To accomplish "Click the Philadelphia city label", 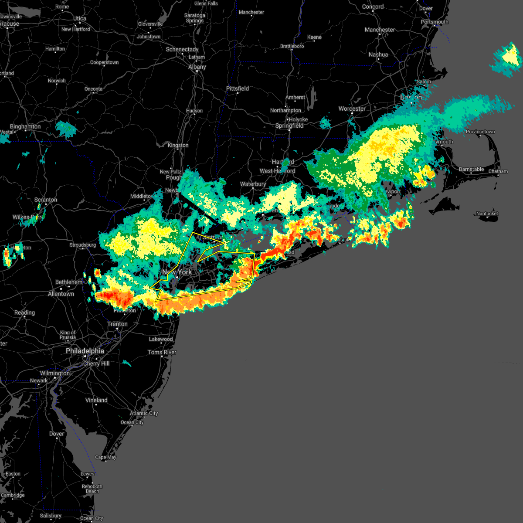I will [85, 351].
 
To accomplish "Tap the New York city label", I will [177, 272].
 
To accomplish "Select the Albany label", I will [197, 67].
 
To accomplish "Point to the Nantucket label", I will [487, 214].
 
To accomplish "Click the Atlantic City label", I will [144, 413].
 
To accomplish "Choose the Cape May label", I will [105, 457].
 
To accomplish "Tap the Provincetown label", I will [480, 132].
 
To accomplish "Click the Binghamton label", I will [25, 126].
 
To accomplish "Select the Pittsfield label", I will [238, 88].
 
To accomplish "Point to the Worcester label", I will [352, 109].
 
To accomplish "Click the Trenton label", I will [118, 324].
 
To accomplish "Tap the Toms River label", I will [162, 352].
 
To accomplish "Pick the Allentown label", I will [61, 294].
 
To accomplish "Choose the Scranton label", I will [46, 200].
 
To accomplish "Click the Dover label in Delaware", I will [57, 434].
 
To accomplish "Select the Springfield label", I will [289, 126].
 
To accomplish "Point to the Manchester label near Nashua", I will [380, 30].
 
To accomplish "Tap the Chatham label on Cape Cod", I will [498, 171].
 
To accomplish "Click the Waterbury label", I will [253, 184].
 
